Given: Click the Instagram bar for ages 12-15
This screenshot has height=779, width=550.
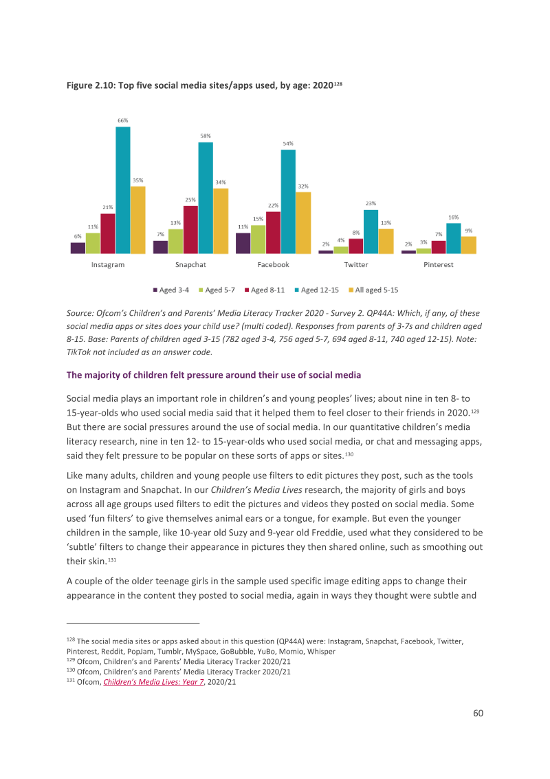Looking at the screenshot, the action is (x=123, y=191).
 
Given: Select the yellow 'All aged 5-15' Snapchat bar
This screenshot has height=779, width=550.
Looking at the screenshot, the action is (x=221, y=221).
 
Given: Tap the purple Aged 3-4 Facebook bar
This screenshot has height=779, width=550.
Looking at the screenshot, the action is (x=243, y=244).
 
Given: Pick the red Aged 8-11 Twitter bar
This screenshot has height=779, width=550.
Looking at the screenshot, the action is (x=356, y=246).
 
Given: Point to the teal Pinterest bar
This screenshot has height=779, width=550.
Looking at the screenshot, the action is (x=454, y=239).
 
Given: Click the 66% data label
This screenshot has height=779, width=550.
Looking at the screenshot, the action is (x=122, y=120).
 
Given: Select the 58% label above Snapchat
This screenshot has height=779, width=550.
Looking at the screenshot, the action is (x=206, y=136).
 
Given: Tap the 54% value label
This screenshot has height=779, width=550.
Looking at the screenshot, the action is (x=288, y=144).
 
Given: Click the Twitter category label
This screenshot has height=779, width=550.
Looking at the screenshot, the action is (x=356, y=265).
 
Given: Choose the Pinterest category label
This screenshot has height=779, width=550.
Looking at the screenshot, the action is (x=439, y=265).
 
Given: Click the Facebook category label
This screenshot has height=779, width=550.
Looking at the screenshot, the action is (x=273, y=265).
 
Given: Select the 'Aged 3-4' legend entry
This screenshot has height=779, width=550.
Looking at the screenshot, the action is (x=171, y=290).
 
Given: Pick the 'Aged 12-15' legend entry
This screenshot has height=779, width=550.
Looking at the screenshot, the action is (x=317, y=290).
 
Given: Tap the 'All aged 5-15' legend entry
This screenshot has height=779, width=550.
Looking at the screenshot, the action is (x=373, y=290).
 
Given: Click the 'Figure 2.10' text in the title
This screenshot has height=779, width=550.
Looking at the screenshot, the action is (x=90, y=85).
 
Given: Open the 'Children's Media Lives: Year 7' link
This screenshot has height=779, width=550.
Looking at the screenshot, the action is (x=153, y=682).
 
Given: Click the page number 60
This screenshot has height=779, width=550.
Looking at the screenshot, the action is (x=478, y=714).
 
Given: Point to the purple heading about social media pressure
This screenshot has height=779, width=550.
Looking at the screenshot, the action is (x=213, y=375).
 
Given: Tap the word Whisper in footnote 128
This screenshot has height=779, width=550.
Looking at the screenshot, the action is (x=321, y=652).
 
